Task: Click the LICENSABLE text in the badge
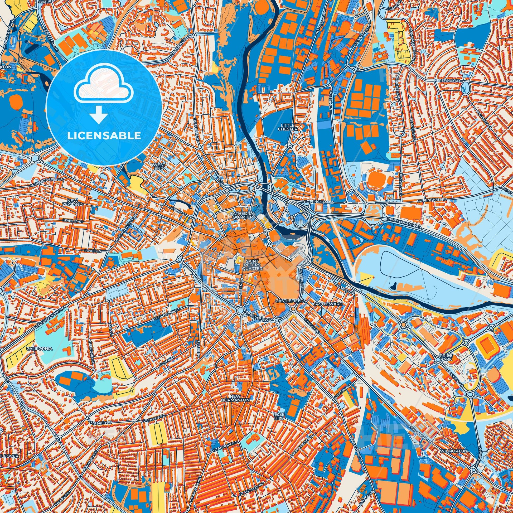click(x=104, y=136)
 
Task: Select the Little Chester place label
click(x=287, y=127)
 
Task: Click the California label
click(x=39, y=349)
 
